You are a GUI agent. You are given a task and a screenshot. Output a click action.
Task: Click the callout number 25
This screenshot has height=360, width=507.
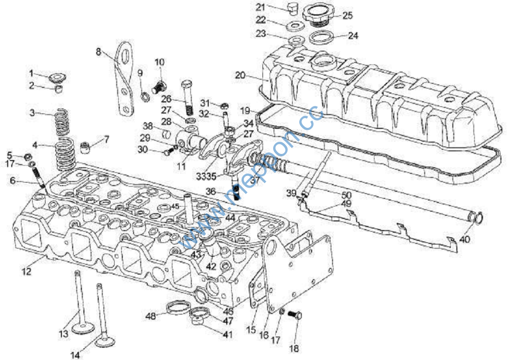[x=347, y=15]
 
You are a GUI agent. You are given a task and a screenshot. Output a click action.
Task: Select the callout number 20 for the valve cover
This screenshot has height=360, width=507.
[x=240, y=75]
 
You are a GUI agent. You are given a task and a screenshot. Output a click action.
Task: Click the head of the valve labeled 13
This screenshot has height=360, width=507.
[x=80, y=327]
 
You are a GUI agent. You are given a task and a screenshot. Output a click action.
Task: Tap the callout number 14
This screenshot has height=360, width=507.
[x=75, y=355]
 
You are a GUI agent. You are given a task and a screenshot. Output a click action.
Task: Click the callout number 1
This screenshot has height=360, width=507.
[x=31, y=73]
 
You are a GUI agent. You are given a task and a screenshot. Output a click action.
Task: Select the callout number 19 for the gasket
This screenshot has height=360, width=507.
[x=245, y=110]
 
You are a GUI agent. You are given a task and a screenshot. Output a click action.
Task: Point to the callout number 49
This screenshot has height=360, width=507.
[x=346, y=204]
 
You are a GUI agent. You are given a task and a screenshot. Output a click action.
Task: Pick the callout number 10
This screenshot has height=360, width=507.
[x=160, y=62]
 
